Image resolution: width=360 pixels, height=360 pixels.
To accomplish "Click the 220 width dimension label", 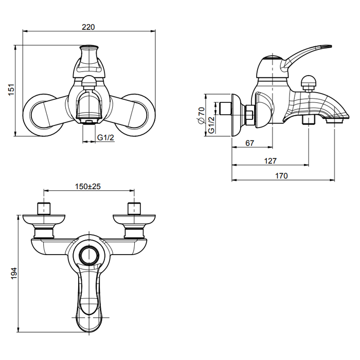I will (x=89, y=27).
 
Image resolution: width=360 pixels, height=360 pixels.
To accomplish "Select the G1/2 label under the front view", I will (x=106, y=138).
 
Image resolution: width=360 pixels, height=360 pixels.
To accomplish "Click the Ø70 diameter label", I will (x=202, y=113).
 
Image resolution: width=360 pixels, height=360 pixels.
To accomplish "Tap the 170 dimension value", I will (x=281, y=176).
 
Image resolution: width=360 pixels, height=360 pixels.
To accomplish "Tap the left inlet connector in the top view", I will (x=45, y=209).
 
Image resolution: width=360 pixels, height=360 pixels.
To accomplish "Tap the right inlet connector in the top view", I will (x=134, y=209).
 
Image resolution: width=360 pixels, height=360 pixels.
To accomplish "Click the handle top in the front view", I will (x=89, y=51).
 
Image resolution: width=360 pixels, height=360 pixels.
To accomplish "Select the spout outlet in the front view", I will (x=89, y=121).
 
